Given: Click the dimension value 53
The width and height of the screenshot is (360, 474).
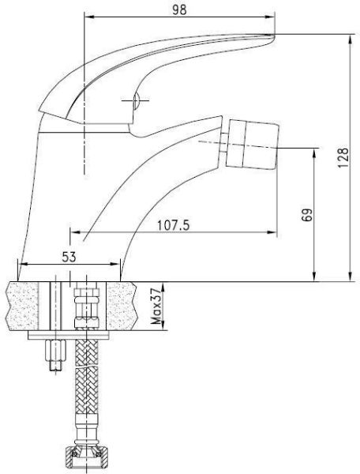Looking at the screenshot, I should [69, 256].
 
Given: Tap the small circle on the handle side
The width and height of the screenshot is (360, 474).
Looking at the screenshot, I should [135, 100].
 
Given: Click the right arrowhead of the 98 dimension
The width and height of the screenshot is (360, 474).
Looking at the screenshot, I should [272, 16].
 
